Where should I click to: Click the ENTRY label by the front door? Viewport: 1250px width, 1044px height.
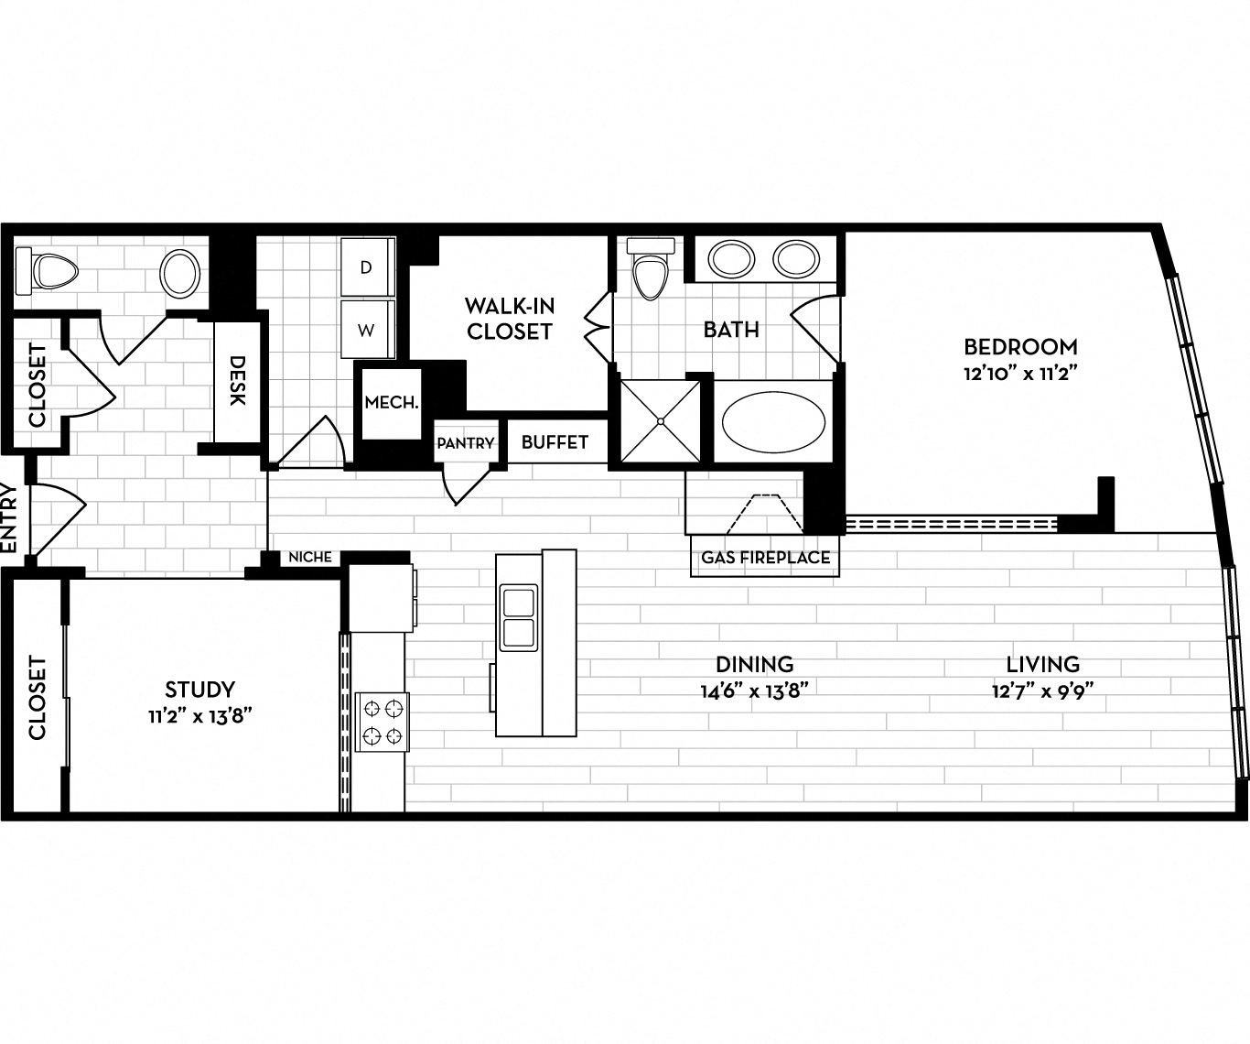(x=10, y=518)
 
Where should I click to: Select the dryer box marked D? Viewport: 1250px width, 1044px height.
(x=367, y=267)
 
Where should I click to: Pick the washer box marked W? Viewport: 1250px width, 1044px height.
(x=367, y=331)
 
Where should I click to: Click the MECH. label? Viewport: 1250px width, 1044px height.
(x=392, y=403)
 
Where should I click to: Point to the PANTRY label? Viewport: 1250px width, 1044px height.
(x=465, y=443)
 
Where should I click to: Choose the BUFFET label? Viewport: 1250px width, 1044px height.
(x=555, y=442)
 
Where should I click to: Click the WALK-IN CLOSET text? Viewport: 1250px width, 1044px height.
(x=509, y=319)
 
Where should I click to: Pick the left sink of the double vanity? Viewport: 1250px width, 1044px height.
(x=730, y=258)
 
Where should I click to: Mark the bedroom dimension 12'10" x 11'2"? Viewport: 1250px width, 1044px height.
(x=1020, y=374)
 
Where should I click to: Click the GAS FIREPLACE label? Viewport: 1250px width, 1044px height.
(x=765, y=558)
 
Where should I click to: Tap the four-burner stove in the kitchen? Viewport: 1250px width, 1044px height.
(x=382, y=722)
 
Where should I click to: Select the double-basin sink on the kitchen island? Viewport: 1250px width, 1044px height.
(x=518, y=618)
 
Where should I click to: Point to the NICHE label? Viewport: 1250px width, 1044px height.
(x=310, y=557)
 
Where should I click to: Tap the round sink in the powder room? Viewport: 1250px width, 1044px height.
(x=180, y=272)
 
